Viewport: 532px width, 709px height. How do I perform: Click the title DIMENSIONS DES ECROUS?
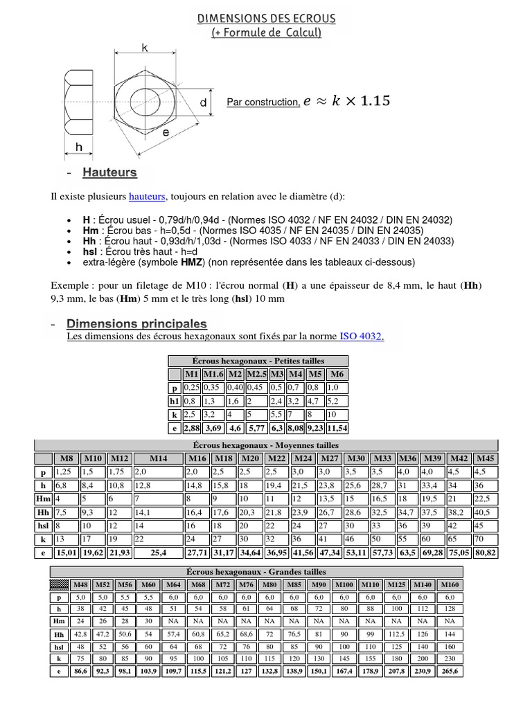[266, 17]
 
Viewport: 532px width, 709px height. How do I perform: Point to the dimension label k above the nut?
[145, 47]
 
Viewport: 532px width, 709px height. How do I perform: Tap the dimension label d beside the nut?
[203, 102]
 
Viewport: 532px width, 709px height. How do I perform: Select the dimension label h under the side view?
[78, 147]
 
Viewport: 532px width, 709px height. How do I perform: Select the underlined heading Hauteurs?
[109, 172]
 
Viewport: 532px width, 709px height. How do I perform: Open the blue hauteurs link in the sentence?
[146, 197]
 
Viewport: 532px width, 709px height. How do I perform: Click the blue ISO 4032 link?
[361, 336]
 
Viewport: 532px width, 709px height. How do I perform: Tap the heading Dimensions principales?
[136, 323]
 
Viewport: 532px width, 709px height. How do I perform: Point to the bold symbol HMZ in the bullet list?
[173, 262]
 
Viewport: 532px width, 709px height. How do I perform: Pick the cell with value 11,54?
[338, 429]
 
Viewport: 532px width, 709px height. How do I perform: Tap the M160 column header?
[450, 584]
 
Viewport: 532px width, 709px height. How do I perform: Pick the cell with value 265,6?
[450, 671]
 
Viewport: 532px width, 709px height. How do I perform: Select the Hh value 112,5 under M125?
[397, 634]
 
